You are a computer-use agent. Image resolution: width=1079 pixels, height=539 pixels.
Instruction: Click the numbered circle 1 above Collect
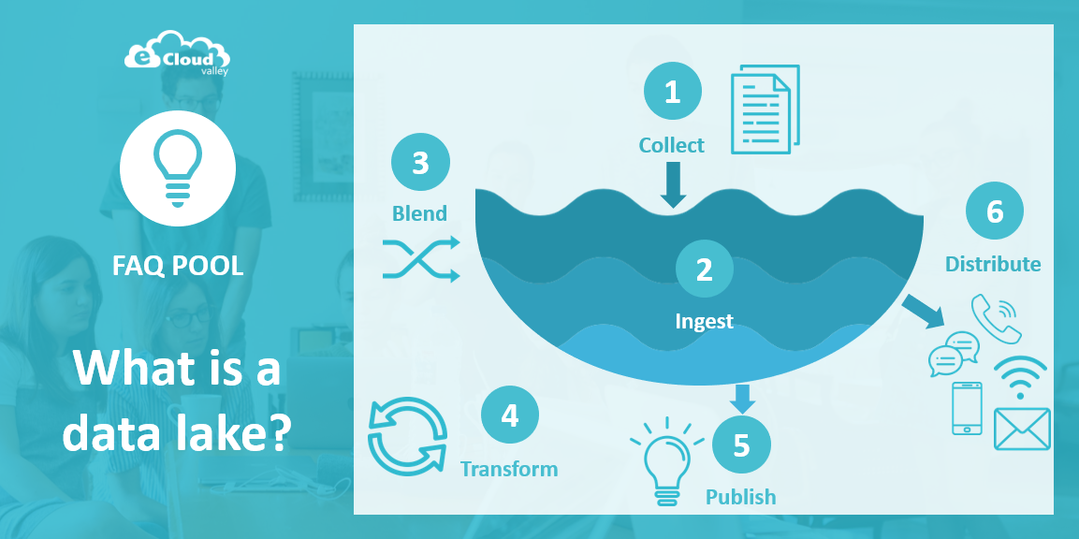pyautogui.click(x=672, y=92)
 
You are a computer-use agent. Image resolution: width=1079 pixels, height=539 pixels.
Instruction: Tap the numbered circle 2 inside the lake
pyautogui.click(x=704, y=269)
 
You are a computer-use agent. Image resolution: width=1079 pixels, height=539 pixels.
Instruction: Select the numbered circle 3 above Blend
pyautogui.click(x=420, y=163)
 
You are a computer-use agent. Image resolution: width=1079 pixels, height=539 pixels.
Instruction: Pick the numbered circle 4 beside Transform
pyautogui.click(x=509, y=415)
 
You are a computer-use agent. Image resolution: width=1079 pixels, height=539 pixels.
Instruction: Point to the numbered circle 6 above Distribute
pyautogui.click(x=995, y=211)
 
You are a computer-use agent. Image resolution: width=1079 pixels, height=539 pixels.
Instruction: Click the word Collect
pyautogui.click(x=672, y=145)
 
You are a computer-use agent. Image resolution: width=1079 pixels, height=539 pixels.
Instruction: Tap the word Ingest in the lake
pyautogui.click(x=704, y=322)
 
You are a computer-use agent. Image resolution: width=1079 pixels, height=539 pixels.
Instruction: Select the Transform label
pyautogui.click(x=509, y=469)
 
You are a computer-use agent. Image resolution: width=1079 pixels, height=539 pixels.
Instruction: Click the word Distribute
pyautogui.click(x=993, y=264)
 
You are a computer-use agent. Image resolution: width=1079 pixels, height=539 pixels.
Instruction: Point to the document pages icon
pyautogui.click(x=765, y=109)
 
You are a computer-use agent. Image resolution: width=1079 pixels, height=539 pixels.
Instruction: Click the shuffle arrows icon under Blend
pyautogui.click(x=420, y=259)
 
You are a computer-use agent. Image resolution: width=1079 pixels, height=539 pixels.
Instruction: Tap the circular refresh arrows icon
pyautogui.click(x=408, y=438)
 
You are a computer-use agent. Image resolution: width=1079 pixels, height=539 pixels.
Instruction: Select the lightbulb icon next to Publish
pyautogui.click(x=666, y=459)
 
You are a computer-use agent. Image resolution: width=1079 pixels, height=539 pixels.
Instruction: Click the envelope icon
pyautogui.click(x=1022, y=429)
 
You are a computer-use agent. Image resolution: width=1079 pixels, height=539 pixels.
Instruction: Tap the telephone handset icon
pyautogui.click(x=996, y=318)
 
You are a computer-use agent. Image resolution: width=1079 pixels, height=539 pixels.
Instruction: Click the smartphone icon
pyautogui.click(x=967, y=408)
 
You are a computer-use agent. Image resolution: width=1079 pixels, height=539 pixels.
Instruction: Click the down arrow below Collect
pyautogui.click(x=672, y=184)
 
